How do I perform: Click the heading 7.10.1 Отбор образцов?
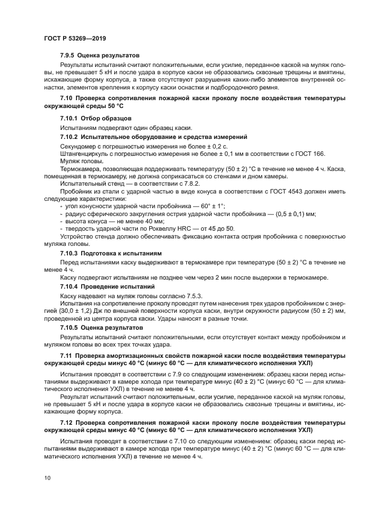[x=96, y=119]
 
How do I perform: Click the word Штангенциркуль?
[x=83, y=154]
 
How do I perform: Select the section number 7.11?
[x=66, y=357]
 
